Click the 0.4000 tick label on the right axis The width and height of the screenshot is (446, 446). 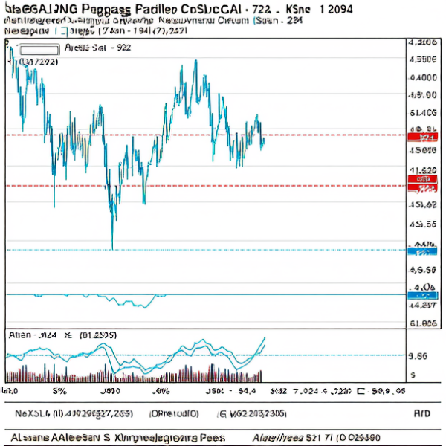(423, 77)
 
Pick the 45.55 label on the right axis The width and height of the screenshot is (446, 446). (423, 224)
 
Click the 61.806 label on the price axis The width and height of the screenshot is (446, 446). (423, 323)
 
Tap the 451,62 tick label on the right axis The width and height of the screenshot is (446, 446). (423, 204)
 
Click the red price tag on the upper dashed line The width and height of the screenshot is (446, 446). (424, 138)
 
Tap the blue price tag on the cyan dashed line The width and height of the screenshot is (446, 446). (422, 251)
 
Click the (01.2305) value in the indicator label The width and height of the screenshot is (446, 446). (97, 335)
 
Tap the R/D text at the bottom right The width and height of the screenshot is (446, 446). (421, 413)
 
